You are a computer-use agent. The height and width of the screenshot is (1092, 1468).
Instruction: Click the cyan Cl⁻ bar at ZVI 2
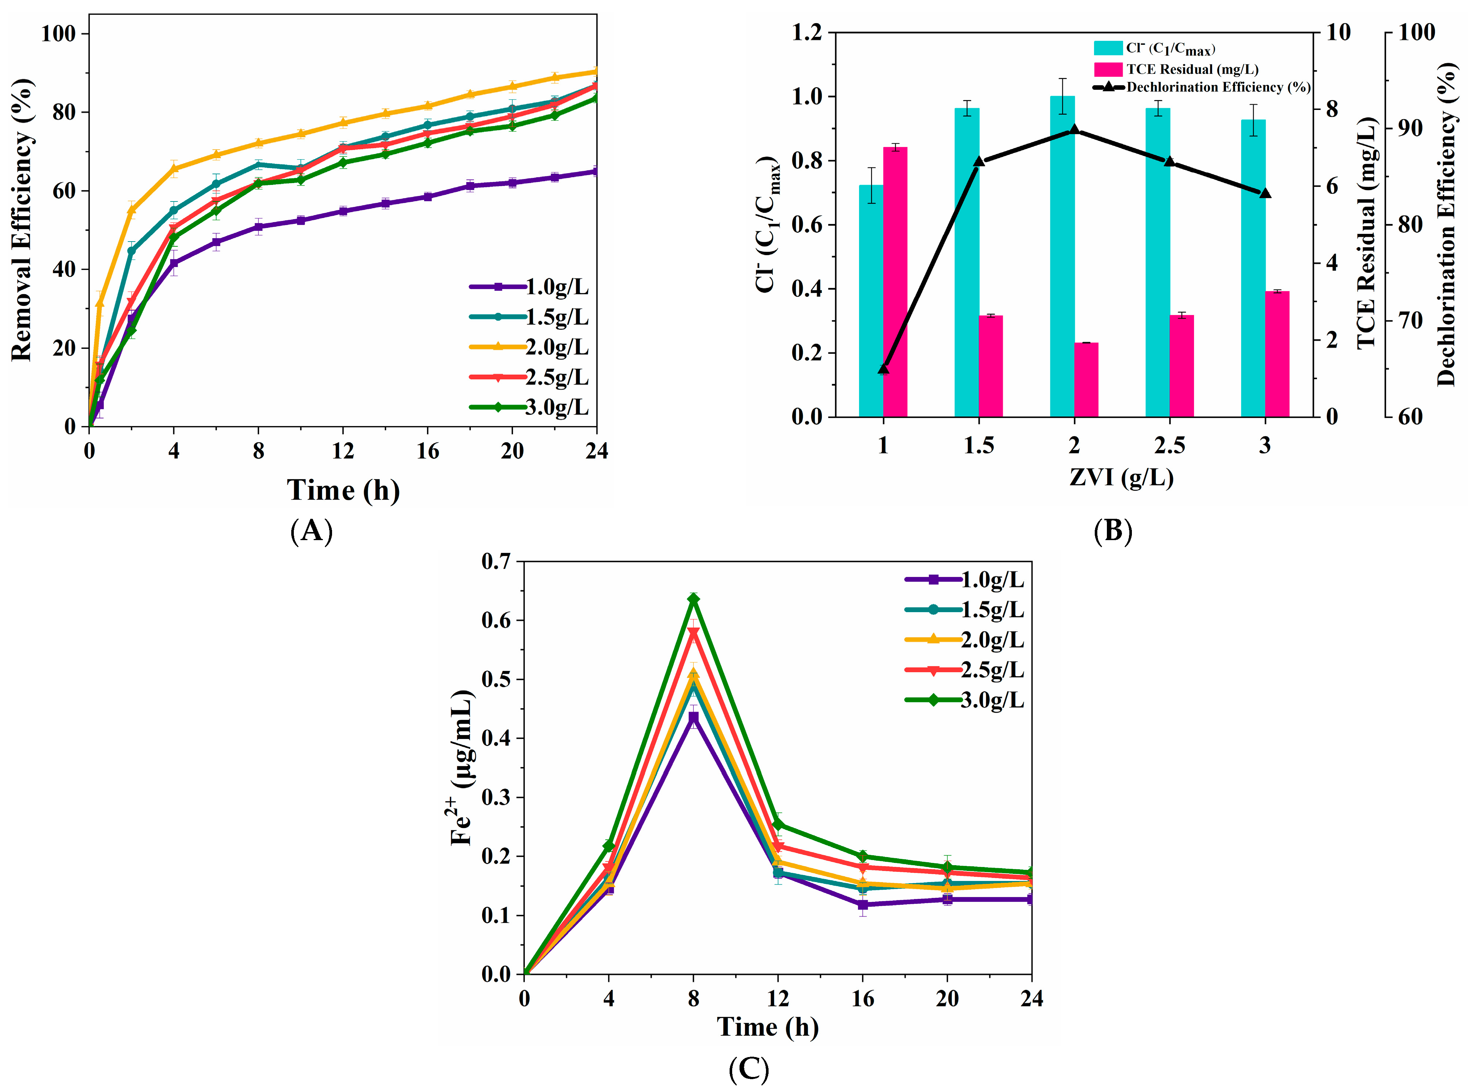coord(1062,258)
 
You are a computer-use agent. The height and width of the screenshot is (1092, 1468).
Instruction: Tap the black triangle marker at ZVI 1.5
coord(979,161)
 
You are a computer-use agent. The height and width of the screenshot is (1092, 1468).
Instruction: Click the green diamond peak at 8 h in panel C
coord(693,599)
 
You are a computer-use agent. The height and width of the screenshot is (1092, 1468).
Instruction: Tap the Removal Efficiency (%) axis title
coord(21,220)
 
